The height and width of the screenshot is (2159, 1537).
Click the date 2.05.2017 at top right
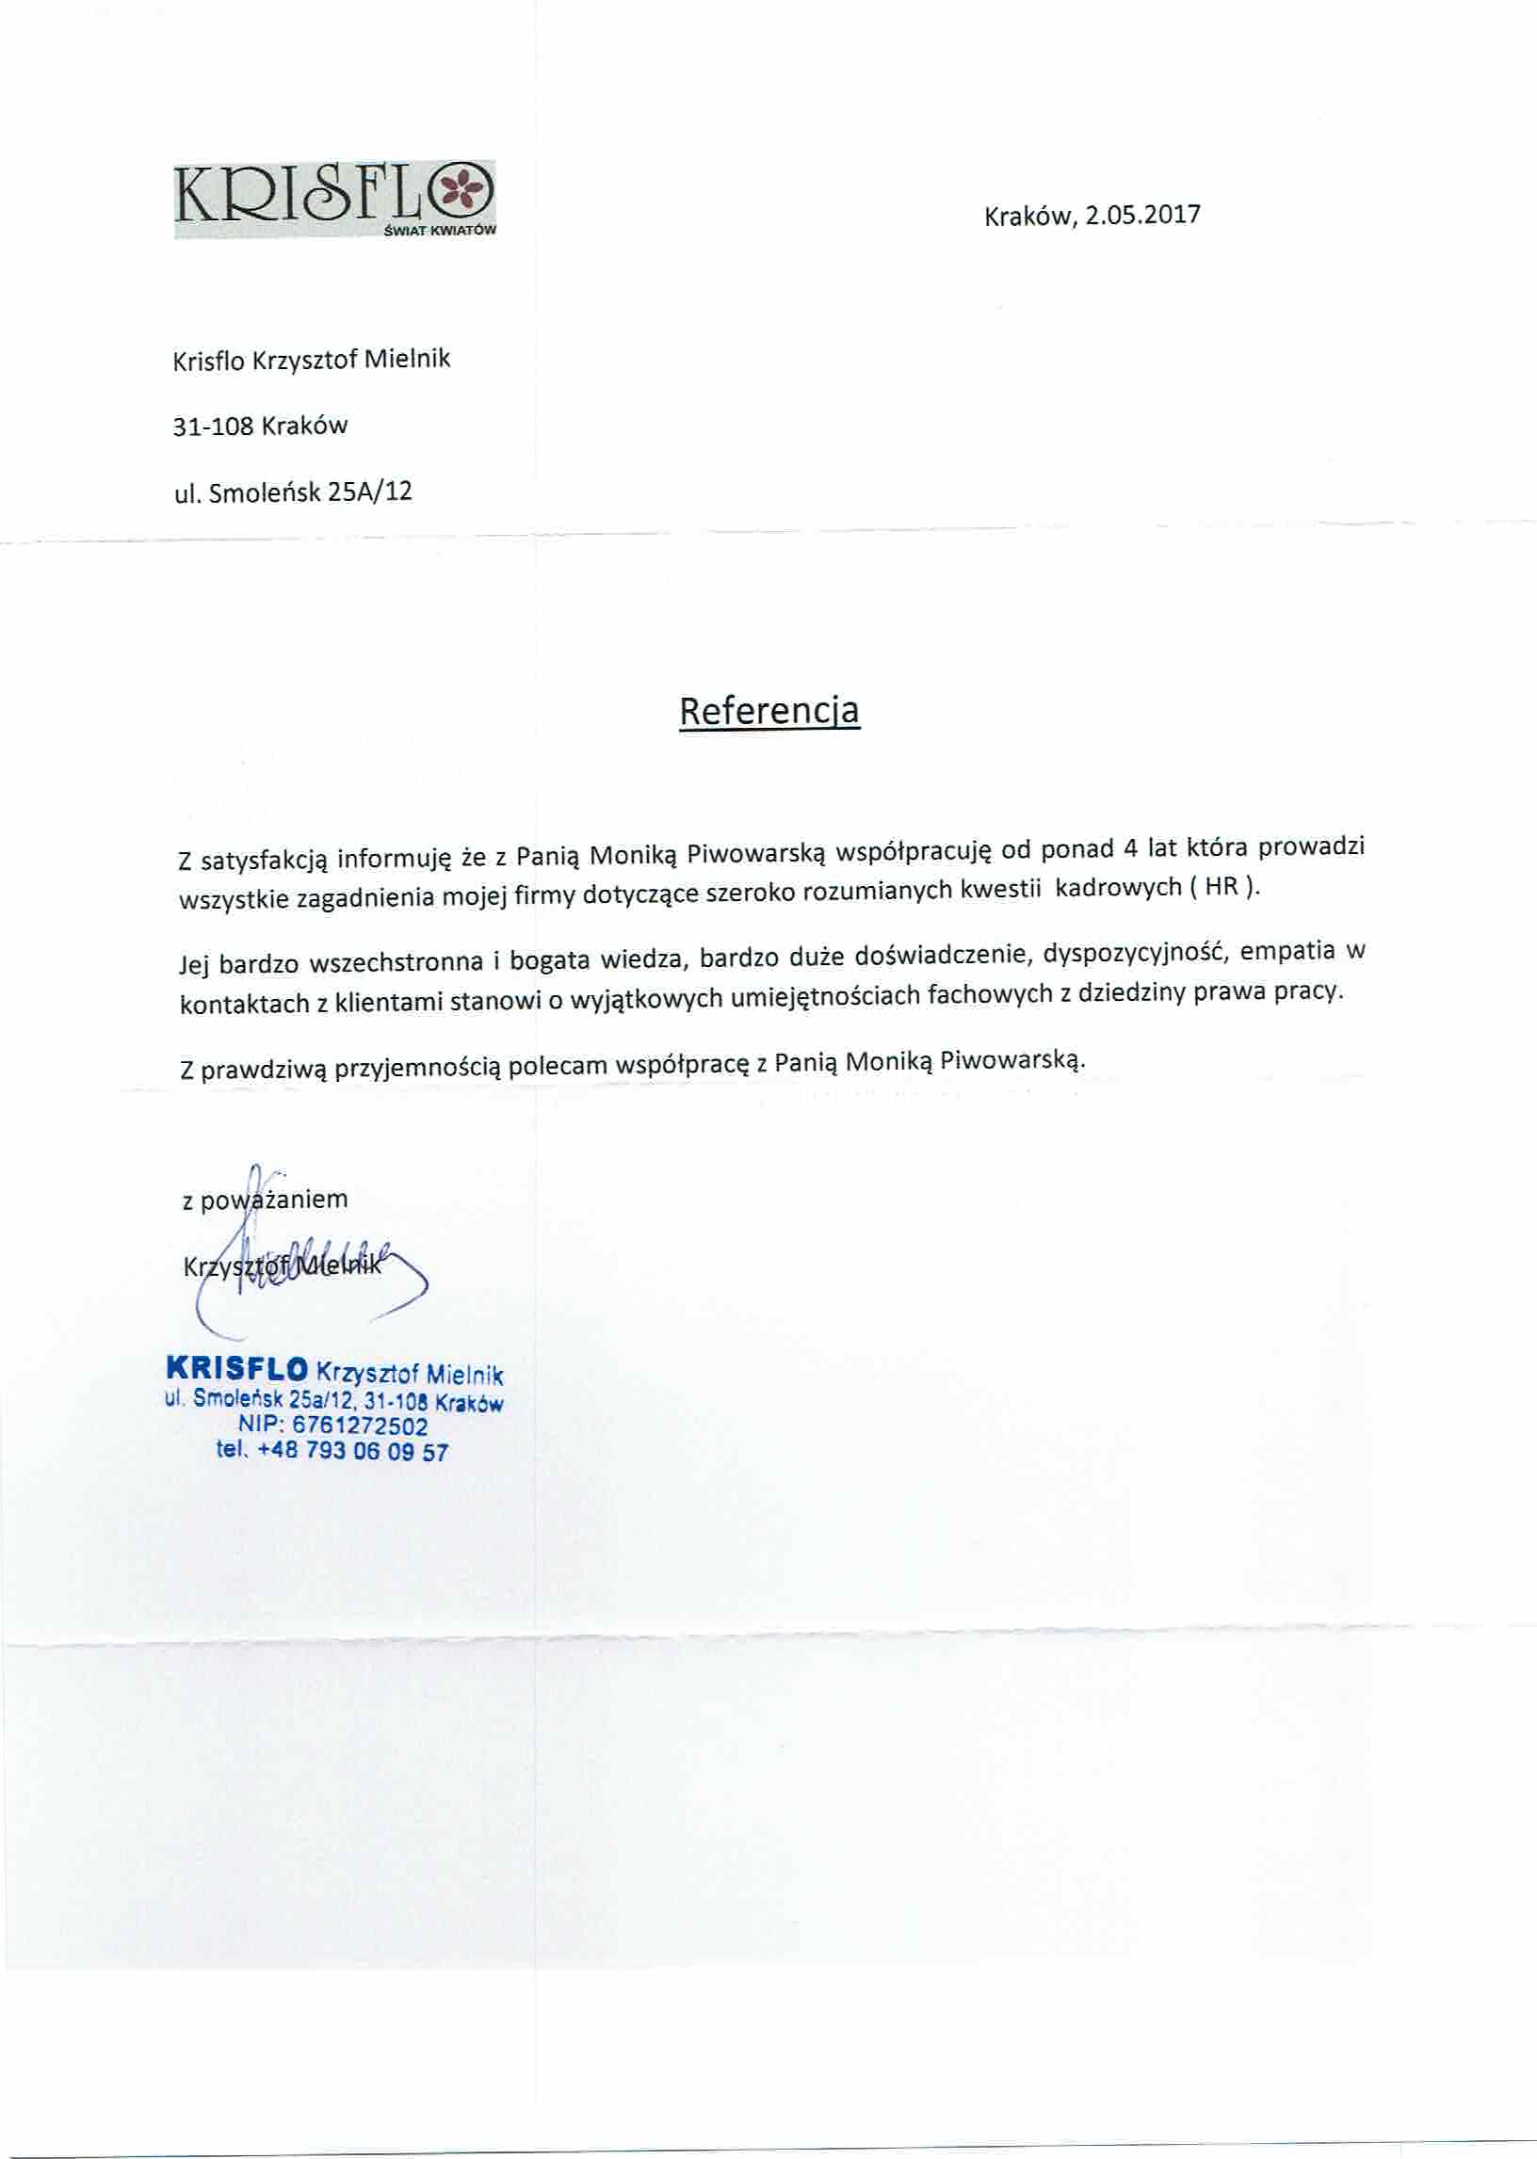pyautogui.click(x=1142, y=215)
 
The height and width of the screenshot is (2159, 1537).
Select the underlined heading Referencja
pyautogui.click(x=769, y=711)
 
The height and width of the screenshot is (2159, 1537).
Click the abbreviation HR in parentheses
pyautogui.click(x=1221, y=888)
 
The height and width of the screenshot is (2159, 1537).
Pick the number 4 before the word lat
pyautogui.click(x=1129, y=847)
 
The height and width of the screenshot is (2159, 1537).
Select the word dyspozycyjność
pyautogui.click(x=1133, y=954)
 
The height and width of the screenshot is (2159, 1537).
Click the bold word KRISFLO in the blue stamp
pyautogui.click(x=236, y=1368)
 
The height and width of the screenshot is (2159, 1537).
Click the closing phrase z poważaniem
pyautogui.click(x=265, y=1200)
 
